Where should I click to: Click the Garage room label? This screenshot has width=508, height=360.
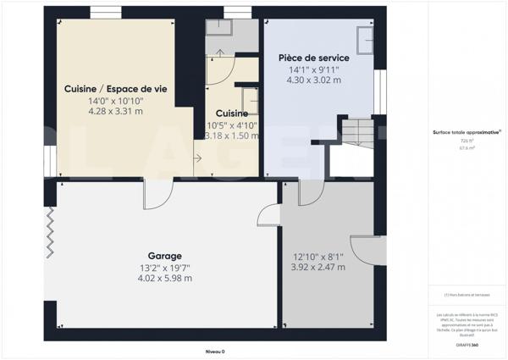point(165,255)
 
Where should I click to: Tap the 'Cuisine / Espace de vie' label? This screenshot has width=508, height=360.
point(116,88)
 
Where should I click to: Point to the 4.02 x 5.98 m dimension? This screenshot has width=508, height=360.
point(165,278)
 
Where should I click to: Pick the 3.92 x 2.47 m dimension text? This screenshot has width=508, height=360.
point(317,267)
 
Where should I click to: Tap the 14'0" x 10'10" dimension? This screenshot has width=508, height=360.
point(116,100)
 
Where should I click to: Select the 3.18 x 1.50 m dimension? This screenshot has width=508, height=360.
point(231,136)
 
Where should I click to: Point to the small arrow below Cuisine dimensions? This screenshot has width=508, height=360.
point(198,157)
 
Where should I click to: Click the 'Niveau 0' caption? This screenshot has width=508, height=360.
point(215,351)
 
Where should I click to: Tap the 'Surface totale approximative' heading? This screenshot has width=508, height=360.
point(467,132)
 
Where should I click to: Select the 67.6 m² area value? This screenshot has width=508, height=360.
point(467,147)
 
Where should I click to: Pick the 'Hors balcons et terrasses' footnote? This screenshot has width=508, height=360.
point(467,295)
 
